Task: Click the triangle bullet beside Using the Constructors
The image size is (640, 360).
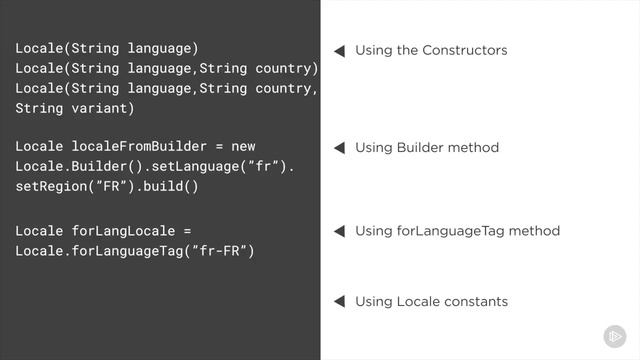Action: (x=339, y=50)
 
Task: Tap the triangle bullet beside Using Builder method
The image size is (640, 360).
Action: (x=339, y=148)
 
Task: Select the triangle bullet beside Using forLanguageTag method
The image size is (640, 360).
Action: (x=339, y=231)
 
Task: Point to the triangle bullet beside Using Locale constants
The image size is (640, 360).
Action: (x=339, y=301)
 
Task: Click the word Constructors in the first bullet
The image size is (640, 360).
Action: (x=465, y=50)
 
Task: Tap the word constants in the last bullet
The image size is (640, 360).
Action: (x=475, y=301)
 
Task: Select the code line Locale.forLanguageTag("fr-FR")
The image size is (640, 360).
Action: (x=135, y=250)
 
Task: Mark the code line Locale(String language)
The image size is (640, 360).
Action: (x=107, y=48)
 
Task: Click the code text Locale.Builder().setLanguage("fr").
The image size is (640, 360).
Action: (x=155, y=166)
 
